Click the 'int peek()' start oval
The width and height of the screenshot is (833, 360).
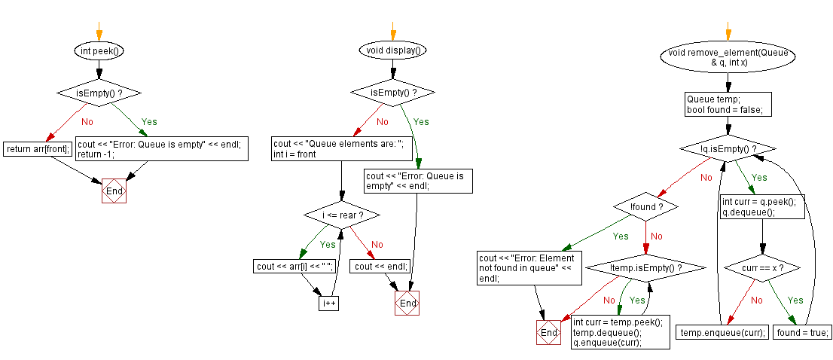point(99,51)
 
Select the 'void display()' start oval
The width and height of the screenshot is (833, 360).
point(392,51)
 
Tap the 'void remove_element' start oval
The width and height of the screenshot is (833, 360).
point(728,58)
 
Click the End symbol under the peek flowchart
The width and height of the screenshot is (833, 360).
point(114,191)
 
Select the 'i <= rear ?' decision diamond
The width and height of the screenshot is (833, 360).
point(341,216)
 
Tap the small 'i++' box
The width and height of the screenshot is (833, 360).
point(330,303)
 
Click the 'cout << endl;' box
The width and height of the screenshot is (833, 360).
point(382,266)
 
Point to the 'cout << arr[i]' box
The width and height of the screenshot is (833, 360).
point(295,266)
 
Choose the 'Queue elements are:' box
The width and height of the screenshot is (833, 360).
point(343,149)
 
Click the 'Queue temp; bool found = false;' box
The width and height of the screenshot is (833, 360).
point(728,105)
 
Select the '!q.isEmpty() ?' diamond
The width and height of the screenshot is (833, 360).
point(728,149)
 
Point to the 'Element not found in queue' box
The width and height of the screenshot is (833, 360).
point(529,267)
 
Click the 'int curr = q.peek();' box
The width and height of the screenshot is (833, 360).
point(762,207)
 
